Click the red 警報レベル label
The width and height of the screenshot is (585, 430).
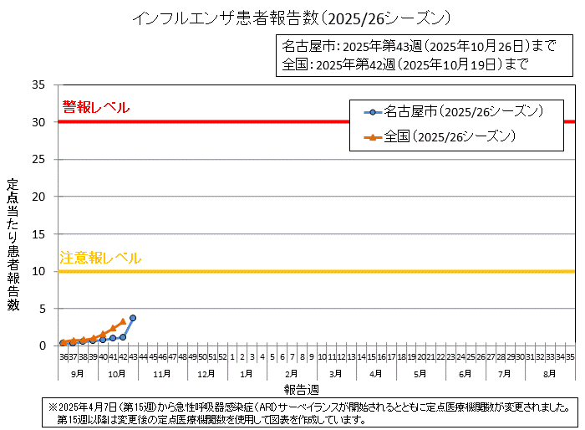pos(95,107)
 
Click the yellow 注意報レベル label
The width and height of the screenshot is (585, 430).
pos(100,258)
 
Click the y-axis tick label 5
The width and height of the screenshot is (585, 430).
pos(42,308)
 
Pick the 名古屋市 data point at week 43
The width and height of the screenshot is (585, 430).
pos(133,318)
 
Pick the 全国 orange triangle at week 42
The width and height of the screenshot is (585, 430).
pos(123,321)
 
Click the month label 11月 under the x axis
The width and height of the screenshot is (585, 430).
pos(162,373)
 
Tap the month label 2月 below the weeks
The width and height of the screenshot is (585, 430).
pos(291,373)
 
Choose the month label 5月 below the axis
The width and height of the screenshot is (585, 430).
pos(420,373)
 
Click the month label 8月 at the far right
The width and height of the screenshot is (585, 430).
pos(550,373)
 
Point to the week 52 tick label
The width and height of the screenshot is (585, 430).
pos(221,356)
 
